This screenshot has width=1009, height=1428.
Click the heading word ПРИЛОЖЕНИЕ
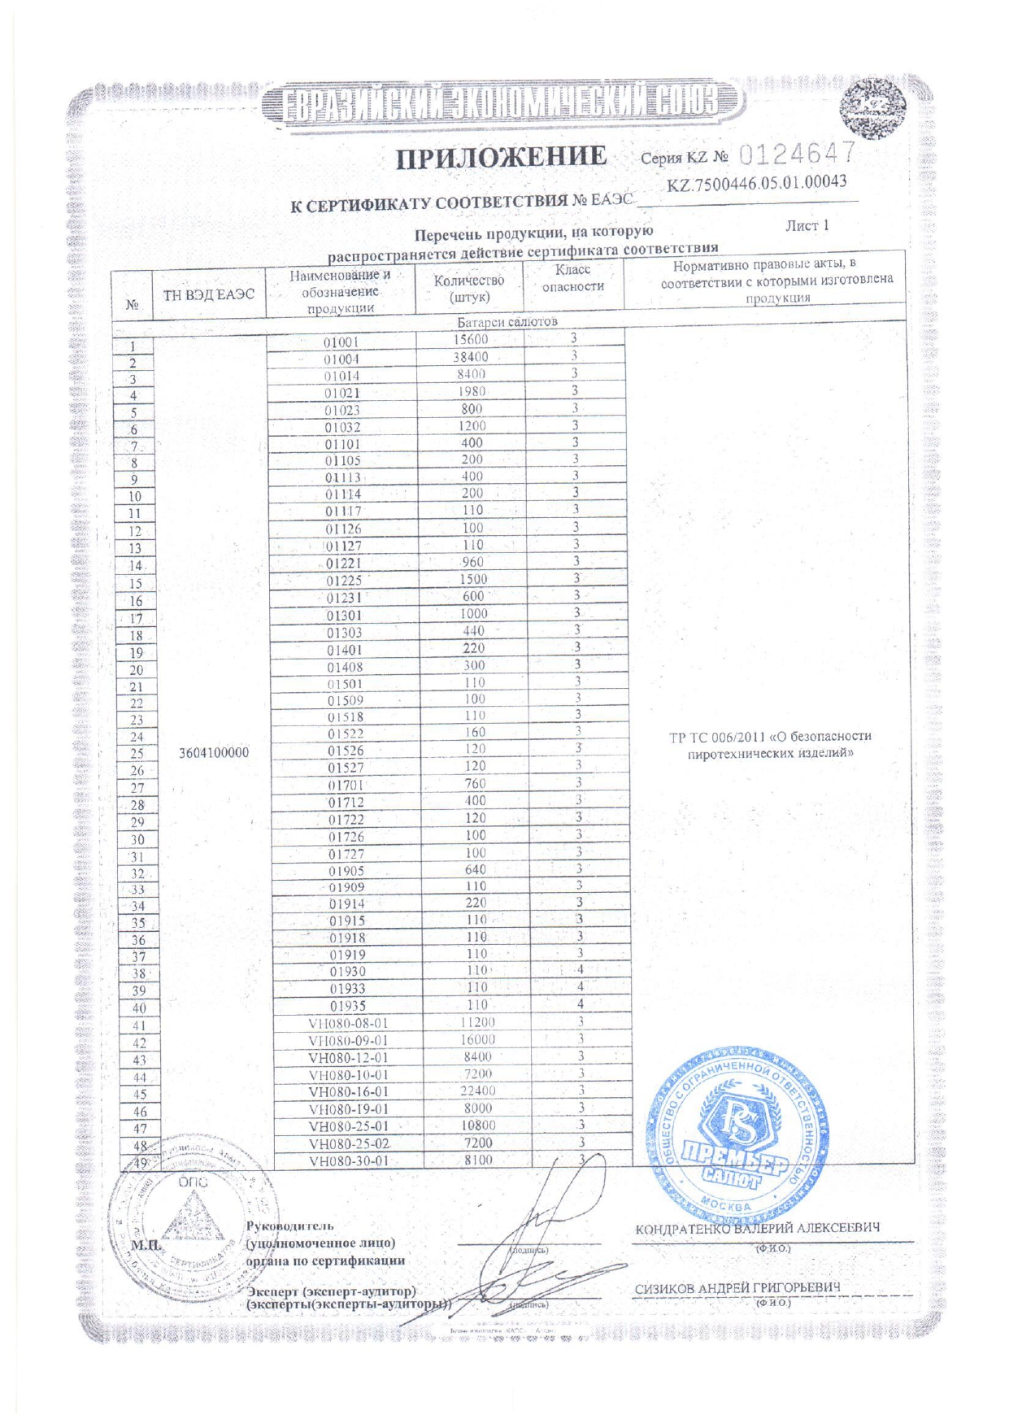[501, 157]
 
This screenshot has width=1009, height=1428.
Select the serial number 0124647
[798, 153]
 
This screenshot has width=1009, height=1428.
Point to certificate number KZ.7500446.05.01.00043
[756, 183]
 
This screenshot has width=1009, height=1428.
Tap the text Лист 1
[807, 226]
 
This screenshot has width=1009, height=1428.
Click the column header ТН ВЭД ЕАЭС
[209, 294]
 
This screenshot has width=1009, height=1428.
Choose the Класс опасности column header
[573, 278]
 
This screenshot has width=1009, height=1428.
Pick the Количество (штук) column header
[469, 289]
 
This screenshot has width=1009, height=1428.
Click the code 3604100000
[214, 753]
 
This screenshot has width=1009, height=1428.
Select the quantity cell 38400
[471, 357]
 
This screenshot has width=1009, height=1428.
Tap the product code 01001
[341, 342]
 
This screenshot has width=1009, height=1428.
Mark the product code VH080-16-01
[348, 1092]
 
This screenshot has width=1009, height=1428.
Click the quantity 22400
[477, 1091]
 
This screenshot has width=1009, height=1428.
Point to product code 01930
[347, 972]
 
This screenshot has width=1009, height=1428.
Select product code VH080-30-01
[349, 1161]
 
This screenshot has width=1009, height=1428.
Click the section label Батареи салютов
[507, 322]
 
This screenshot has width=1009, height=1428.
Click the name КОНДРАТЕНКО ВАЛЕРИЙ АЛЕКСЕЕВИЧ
[757, 1228]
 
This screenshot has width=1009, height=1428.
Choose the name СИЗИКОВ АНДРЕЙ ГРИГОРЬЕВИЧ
[737, 1288]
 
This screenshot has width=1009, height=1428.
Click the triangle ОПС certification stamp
[193, 1220]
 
